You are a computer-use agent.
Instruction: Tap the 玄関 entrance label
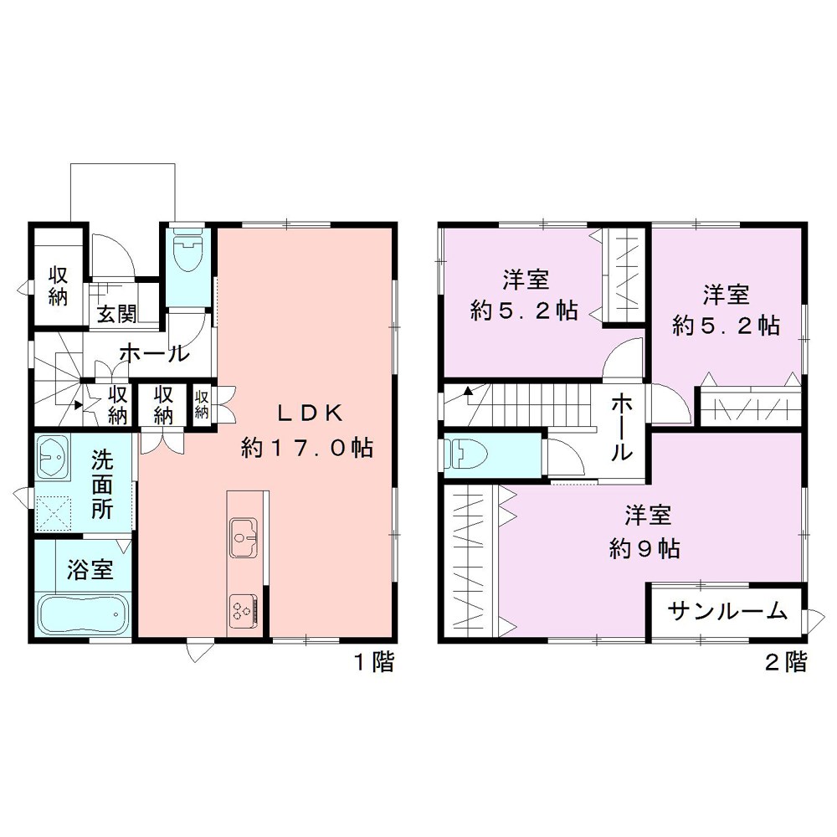point(116,315)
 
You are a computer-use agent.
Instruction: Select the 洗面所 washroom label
point(101,485)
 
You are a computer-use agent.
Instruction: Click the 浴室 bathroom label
point(89,571)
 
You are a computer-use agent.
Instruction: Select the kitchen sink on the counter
point(244,534)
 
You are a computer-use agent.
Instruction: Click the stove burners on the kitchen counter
point(243,608)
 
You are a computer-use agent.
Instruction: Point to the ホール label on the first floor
point(153,353)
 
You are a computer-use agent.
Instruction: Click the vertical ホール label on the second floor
point(621,428)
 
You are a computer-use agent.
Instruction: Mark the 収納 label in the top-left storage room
point(57,285)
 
